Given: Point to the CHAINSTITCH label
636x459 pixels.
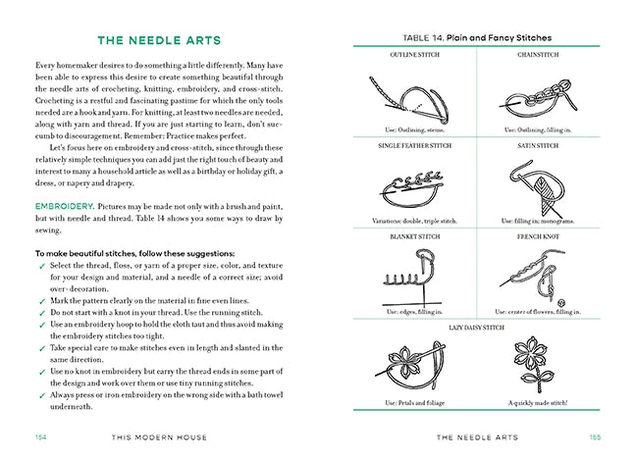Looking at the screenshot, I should pyautogui.click(x=538, y=55).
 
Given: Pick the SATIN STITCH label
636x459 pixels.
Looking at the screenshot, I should pyautogui.click(x=538, y=145).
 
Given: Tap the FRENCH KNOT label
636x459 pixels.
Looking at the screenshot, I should pyautogui.click(x=538, y=237).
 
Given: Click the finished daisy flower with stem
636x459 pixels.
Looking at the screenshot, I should pyautogui.click(x=540, y=363).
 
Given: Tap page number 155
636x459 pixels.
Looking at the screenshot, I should pyautogui.click(x=595, y=437).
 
